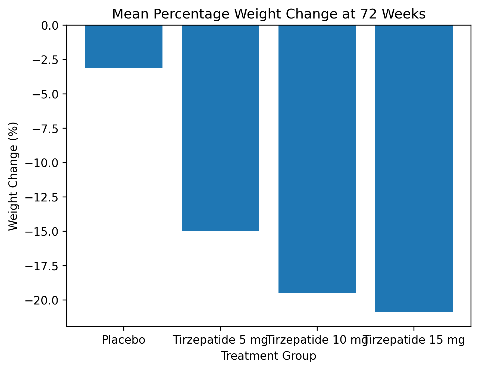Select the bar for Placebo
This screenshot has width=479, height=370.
124,46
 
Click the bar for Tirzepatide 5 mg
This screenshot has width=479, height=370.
220,128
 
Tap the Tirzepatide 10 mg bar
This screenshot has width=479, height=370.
317,159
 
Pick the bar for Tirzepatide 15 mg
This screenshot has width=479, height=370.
414,169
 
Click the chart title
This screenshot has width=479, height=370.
268,14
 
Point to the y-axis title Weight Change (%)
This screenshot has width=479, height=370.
13,176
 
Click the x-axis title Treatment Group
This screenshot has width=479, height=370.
268,356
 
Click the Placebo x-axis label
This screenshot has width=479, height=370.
124,340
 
